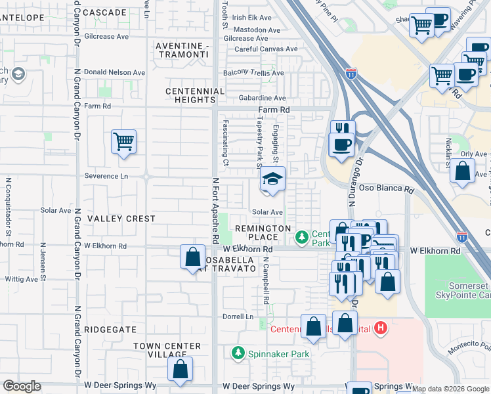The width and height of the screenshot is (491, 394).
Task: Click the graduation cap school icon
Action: pos(272,179)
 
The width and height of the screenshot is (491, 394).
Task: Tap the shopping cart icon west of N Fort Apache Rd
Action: pos(123,141)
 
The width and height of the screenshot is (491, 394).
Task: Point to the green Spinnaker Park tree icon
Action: pos(237,354)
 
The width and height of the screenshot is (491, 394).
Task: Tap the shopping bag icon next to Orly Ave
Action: pos(462,171)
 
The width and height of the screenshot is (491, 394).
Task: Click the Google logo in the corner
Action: pos(22,386)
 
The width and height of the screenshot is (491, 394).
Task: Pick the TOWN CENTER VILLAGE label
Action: pos(167,350)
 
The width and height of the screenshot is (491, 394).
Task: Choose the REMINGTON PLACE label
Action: pos(263,232)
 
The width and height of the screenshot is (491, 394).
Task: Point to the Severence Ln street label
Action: pos(106,176)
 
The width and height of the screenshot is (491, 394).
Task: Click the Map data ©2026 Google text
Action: pos(451,389)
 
